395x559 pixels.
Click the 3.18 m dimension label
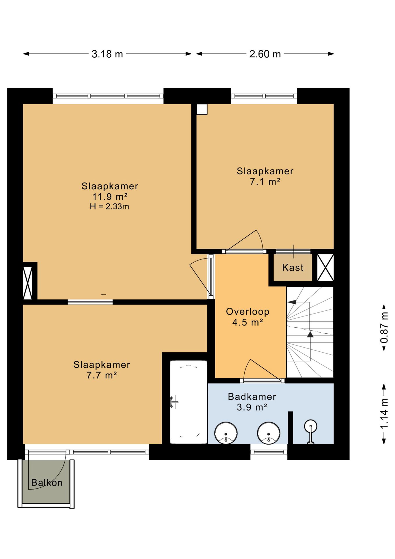click(x=107, y=54)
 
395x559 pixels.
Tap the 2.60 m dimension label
click(x=265, y=54)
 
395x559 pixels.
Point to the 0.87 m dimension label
click(x=384, y=327)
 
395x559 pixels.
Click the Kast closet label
click(x=293, y=268)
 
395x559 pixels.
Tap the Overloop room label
click(x=248, y=312)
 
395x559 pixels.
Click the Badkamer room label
click(x=252, y=397)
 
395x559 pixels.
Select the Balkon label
click(x=47, y=483)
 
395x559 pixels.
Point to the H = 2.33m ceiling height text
click(x=109, y=206)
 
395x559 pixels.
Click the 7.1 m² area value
click(x=265, y=182)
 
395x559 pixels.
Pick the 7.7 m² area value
click(x=102, y=375)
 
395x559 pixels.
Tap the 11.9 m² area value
click(x=110, y=197)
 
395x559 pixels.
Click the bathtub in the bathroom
click(x=188, y=402)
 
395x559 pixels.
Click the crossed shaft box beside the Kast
click(x=325, y=268)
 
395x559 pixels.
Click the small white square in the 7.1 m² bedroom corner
click(x=202, y=109)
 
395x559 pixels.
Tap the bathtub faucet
click(x=174, y=402)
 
